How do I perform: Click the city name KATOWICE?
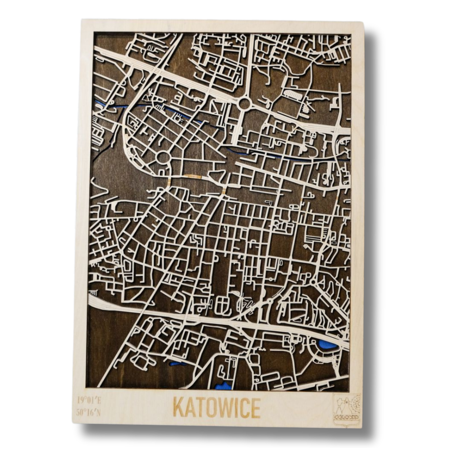click(217, 408)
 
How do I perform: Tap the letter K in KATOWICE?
click(178, 408)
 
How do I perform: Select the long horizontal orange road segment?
click(193, 176)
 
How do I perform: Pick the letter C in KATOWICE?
click(243, 408)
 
